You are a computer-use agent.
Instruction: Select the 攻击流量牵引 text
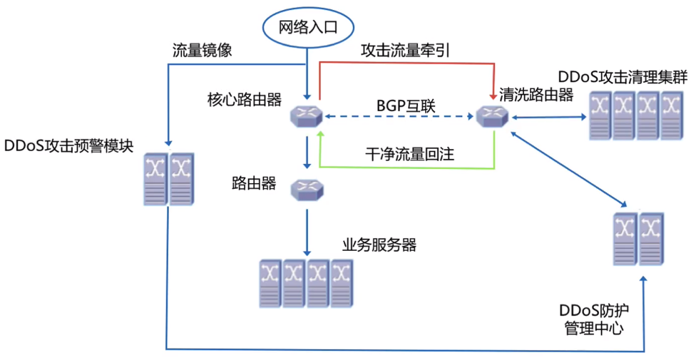click(405, 51)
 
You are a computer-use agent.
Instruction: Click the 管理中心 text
click(594, 329)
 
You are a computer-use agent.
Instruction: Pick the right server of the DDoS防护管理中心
click(650, 238)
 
